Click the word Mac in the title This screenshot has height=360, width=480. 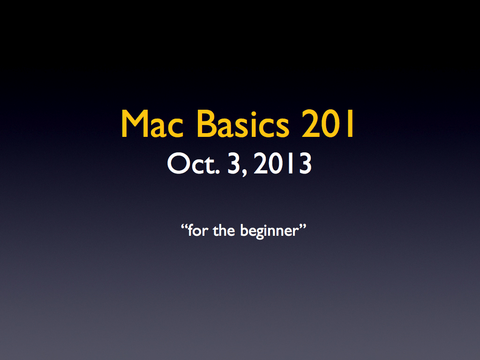click(152, 124)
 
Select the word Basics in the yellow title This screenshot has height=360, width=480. click(243, 123)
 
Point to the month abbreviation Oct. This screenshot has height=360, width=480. click(193, 164)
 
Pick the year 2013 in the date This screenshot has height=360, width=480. click(283, 164)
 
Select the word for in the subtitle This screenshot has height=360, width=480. click(198, 230)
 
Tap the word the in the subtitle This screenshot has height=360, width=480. click(224, 230)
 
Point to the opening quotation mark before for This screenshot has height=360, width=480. click(184, 227)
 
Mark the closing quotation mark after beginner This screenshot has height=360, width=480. click(302, 227)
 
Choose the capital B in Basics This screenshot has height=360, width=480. click(206, 124)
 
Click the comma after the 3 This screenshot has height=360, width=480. click(244, 174)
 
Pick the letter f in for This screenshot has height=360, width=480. click(191, 230)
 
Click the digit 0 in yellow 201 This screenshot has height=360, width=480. click(330, 124)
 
